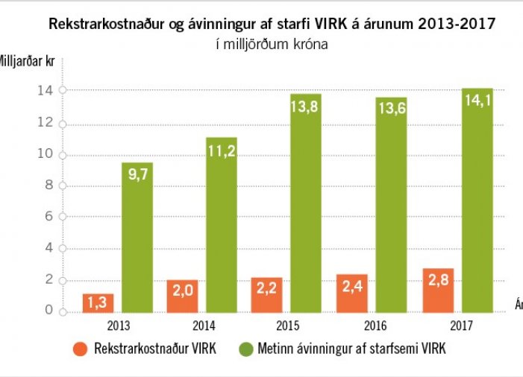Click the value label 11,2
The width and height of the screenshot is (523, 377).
[222, 153]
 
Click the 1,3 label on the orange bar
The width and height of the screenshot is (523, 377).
[98, 303]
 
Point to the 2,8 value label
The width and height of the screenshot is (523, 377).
[438, 283]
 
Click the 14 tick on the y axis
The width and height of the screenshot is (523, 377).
[45, 90]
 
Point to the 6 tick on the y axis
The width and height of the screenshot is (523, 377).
[48, 216]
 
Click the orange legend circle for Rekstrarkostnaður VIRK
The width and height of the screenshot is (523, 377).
[81, 349]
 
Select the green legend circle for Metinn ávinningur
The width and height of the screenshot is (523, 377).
[247, 349]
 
